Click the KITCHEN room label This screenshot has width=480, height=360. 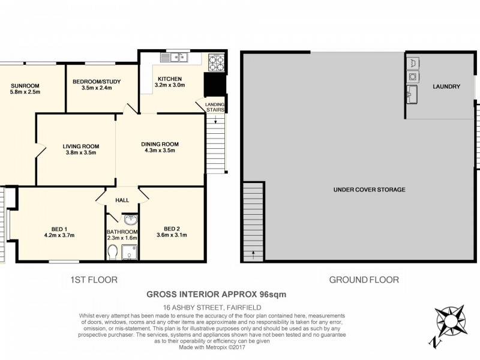tap(170, 79)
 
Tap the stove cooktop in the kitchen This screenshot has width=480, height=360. tap(217, 62)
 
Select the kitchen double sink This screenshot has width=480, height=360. tap(174, 57)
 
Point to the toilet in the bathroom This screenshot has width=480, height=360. tap(113, 252)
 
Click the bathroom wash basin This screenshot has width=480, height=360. tap(131, 220)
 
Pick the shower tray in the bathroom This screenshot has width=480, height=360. tap(130, 252)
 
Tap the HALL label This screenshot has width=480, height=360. tap(122, 200)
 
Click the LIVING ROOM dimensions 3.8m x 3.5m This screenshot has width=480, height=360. tap(81, 152)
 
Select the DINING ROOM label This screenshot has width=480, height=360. tap(160, 144)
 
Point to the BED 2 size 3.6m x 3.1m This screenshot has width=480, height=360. tap(172, 235)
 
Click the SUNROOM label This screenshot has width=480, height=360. tap(25, 86)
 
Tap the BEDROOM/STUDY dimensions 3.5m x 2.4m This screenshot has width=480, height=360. tap(97, 88)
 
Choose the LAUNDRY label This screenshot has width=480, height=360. tap(446, 86)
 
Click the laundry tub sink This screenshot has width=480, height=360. tap(412, 94)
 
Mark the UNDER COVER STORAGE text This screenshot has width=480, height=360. tap(369, 190)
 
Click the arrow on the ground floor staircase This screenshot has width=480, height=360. tap(253, 254)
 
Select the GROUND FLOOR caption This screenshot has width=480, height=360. tap(364, 280)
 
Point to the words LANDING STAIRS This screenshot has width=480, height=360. tap(215, 107)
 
